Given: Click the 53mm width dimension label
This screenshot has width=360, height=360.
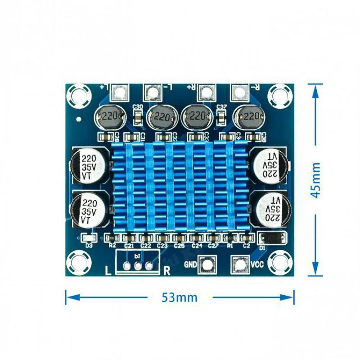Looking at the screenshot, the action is coord(180,297).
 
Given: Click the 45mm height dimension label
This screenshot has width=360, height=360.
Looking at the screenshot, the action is coord(317,180).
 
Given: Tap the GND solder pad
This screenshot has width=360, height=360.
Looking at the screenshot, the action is coord(208,265).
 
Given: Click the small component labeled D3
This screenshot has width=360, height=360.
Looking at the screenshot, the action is coord(88,237).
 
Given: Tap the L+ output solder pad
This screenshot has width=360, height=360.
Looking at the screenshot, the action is coord(120,93).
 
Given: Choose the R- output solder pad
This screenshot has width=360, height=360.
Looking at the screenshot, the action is coord(238,93).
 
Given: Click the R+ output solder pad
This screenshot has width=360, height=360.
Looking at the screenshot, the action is coord(206,93).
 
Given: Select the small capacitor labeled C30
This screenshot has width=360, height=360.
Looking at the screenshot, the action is coord(138,118).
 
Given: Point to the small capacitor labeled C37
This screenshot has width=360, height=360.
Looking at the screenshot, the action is coord(221,118).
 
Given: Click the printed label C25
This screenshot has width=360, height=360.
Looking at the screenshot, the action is coord(180,246).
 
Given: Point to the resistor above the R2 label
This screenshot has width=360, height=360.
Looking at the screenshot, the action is coord(113,237).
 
